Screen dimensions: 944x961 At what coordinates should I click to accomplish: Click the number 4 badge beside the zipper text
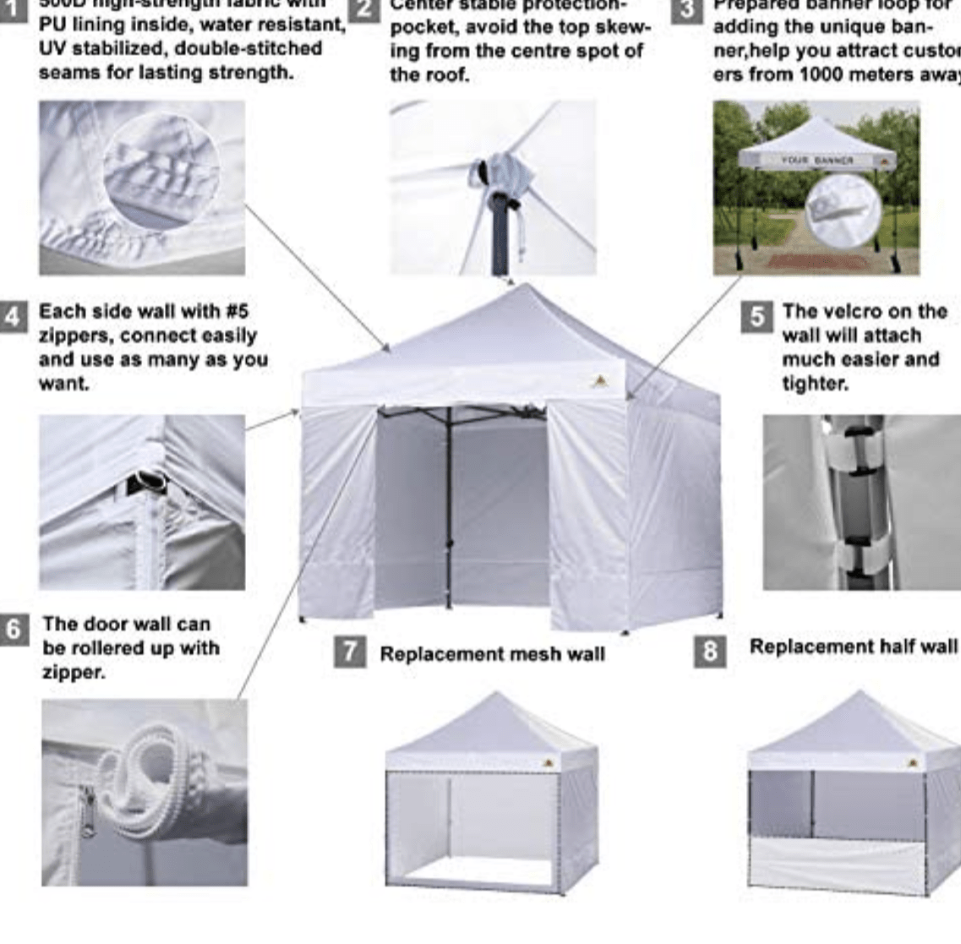[x=14, y=315]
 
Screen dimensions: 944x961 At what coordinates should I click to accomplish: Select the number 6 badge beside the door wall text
[x=14, y=630]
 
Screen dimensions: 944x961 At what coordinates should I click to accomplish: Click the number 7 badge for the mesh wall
[x=349, y=652]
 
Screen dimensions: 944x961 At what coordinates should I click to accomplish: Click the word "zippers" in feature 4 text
[x=70, y=336]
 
